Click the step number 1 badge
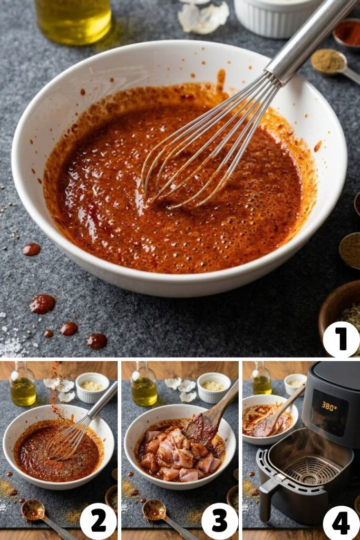pyautogui.click(x=340, y=340)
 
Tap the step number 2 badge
pyautogui.click(x=98, y=520)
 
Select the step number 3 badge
pyautogui.click(x=219, y=520)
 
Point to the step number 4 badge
pyautogui.click(x=340, y=523)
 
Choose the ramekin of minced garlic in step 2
pyautogui.click(x=92, y=387)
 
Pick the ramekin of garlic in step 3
pyautogui.click(x=213, y=387)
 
